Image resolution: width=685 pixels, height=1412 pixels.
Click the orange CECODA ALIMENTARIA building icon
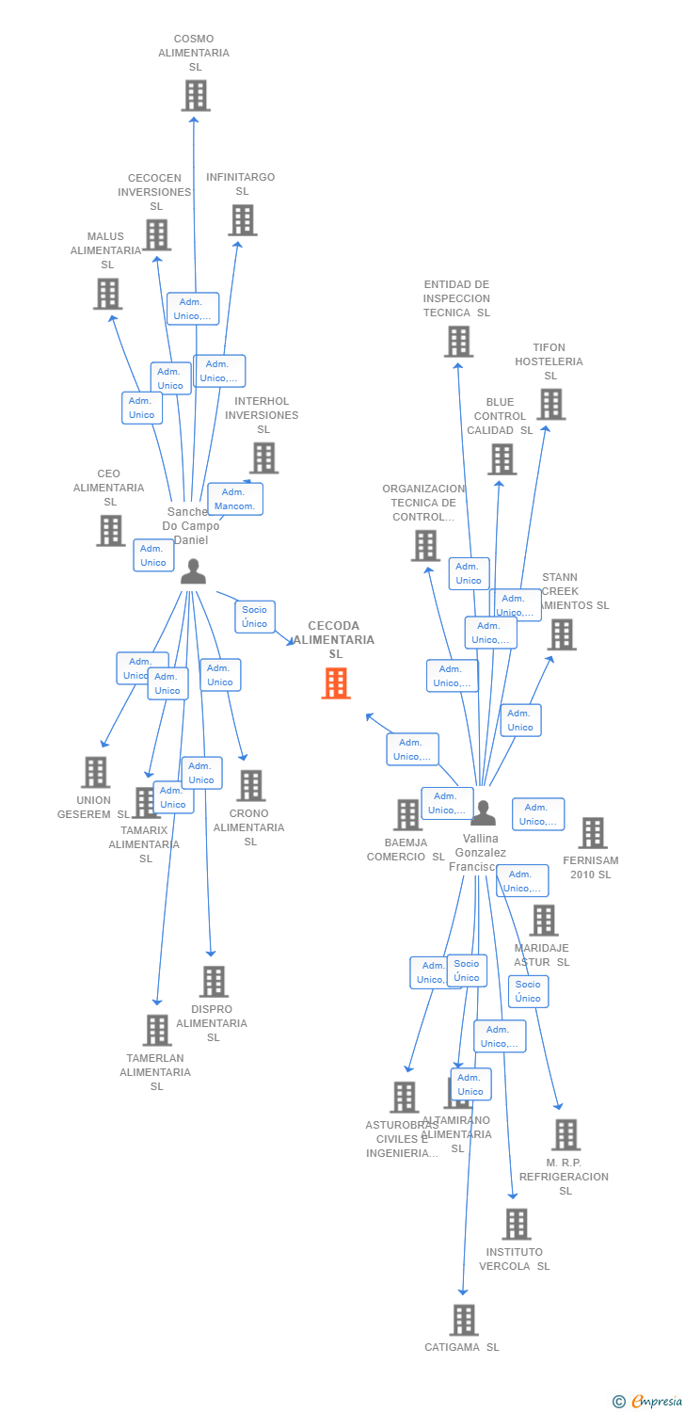coord(336,683)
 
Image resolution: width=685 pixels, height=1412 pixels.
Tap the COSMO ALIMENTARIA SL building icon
coord(196,95)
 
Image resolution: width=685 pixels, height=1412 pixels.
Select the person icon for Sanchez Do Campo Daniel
coord(193,571)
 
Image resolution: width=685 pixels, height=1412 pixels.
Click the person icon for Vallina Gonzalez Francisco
coord(483,812)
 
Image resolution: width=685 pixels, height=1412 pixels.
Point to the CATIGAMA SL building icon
coord(463,1320)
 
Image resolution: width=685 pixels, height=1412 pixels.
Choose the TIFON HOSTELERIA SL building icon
coord(550,404)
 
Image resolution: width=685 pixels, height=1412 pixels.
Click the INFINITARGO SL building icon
coord(243,219)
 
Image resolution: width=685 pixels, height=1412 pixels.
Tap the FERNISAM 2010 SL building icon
coord(592,833)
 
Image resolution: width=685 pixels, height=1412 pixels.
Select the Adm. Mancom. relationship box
coord(234,499)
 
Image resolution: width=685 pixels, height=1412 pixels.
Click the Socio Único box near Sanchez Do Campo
coord(254,617)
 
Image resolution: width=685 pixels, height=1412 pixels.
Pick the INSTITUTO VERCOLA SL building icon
coord(517,1224)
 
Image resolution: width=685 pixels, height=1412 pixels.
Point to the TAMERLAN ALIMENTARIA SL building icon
coord(157,1030)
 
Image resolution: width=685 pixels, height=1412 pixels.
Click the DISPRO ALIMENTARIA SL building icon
coord(214,981)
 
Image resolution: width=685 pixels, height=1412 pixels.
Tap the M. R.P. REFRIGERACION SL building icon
coord(566,1134)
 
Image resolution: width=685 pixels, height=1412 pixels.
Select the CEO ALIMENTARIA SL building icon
coord(110,531)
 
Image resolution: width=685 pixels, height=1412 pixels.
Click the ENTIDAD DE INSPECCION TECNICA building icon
coord(458,342)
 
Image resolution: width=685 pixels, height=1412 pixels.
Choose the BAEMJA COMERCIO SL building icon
coord(407,814)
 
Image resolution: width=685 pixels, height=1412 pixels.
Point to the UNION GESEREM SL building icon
coord(95,772)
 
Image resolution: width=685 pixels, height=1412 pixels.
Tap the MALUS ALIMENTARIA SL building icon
coord(108,294)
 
